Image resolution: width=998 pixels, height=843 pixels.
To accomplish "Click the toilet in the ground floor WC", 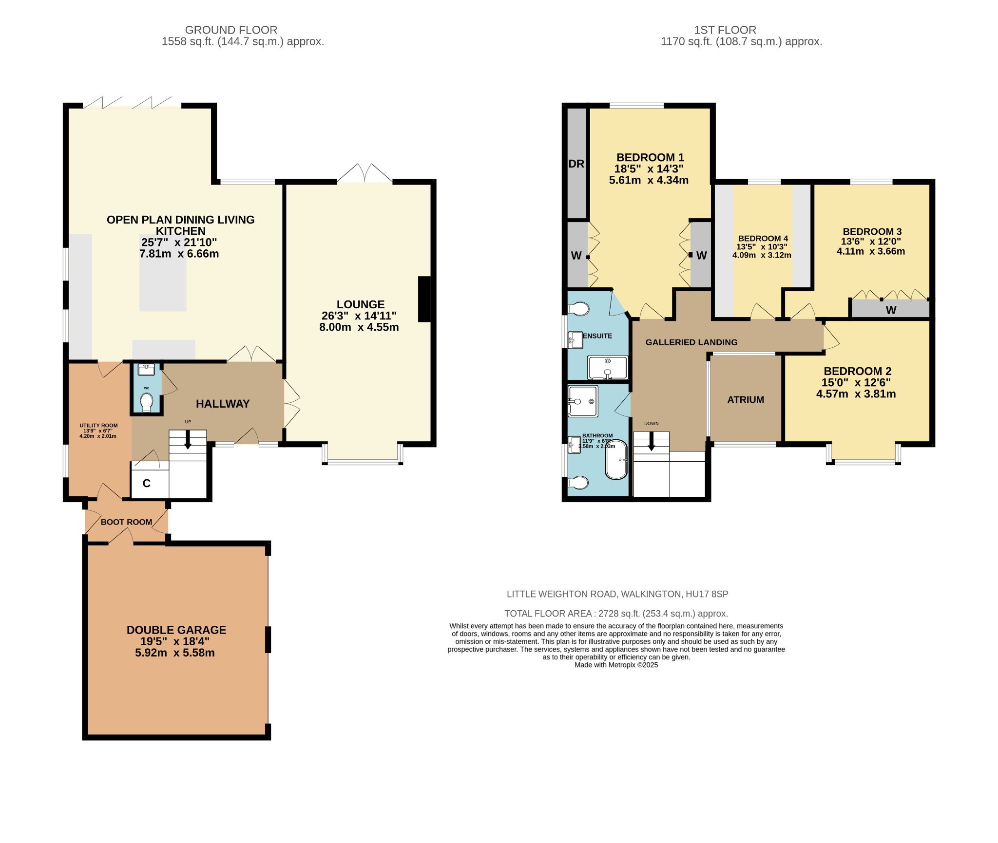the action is (x=146, y=403).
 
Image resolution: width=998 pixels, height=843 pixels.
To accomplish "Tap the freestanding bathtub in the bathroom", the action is (x=616, y=460).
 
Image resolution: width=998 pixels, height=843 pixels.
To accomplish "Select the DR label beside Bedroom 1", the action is (x=576, y=164).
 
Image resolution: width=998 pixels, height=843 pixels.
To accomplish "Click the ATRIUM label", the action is (x=746, y=400).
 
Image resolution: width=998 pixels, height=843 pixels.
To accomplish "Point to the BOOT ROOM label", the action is (x=127, y=522).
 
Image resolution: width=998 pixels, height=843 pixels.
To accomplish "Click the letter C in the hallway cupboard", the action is (x=146, y=483).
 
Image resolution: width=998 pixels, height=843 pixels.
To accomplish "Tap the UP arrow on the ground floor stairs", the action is (x=188, y=440).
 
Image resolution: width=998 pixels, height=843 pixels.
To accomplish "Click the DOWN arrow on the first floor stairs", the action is (x=651, y=441).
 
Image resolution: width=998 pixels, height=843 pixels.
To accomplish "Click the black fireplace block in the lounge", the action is (x=424, y=299).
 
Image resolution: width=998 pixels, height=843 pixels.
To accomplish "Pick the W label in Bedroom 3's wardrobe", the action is (x=891, y=310).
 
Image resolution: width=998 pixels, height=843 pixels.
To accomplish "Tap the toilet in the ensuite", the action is (x=579, y=309).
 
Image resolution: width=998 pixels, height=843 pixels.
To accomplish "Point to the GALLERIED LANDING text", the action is (x=691, y=342).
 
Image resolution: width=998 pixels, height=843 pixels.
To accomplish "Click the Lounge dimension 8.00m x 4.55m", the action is (x=359, y=327).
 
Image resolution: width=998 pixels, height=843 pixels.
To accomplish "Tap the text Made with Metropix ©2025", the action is (x=616, y=665).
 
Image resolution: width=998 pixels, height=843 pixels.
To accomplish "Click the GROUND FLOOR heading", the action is (x=231, y=30).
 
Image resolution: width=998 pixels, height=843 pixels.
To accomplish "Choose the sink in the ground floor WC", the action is (x=146, y=370).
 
